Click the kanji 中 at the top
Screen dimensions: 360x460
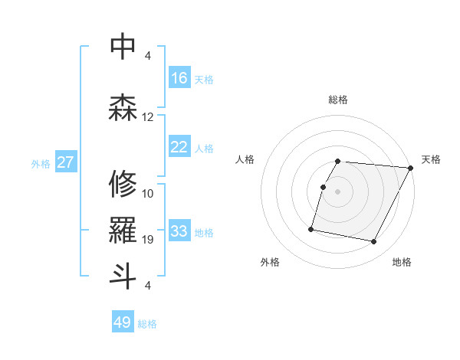pyautogui.click(x=123, y=46)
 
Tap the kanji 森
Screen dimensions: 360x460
pyautogui.click(x=123, y=108)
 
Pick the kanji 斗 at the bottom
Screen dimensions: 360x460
pyautogui.click(x=123, y=276)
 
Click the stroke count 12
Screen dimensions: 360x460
pyautogui.click(x=148, y=117)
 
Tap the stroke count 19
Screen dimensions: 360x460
pyautogui.click(x=148, y=240)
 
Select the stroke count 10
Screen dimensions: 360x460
pyautogui.click(x=148, y=193)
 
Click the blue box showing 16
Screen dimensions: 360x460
pyautogui.click(x=179, y=78)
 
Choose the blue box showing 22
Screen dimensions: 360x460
pyautogui.click(x=179, y=147)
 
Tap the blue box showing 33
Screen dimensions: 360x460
pyautogui.click(x=179, y=231)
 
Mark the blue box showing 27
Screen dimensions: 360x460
pyautogui.click(x=66, y=162)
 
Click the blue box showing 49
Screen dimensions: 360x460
pyautogui.click(x=123, y=322)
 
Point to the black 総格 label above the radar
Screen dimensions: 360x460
pyautogui.click(x=338, y=100)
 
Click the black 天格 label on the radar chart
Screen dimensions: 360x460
pyautogui.click(x=432, y=159)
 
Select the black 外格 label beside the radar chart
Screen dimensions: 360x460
pyautogui.click(x=270, y=262)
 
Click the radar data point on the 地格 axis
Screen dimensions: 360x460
pyautogui.click(x=374, y=242)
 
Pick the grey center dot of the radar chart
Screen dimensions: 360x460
pyautogui.click(x=337, y=191)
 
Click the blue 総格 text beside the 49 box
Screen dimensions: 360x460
pyautogui.click(x=147, y=324)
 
